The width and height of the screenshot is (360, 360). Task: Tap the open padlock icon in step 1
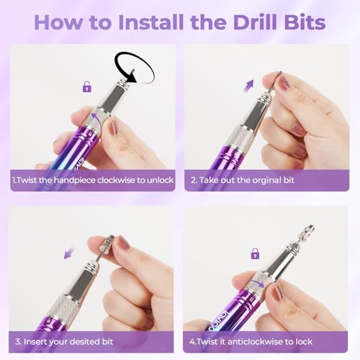[87, 87]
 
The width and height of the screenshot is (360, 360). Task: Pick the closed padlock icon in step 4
[254, 253]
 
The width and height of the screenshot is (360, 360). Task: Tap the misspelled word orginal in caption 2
[282, 180]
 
